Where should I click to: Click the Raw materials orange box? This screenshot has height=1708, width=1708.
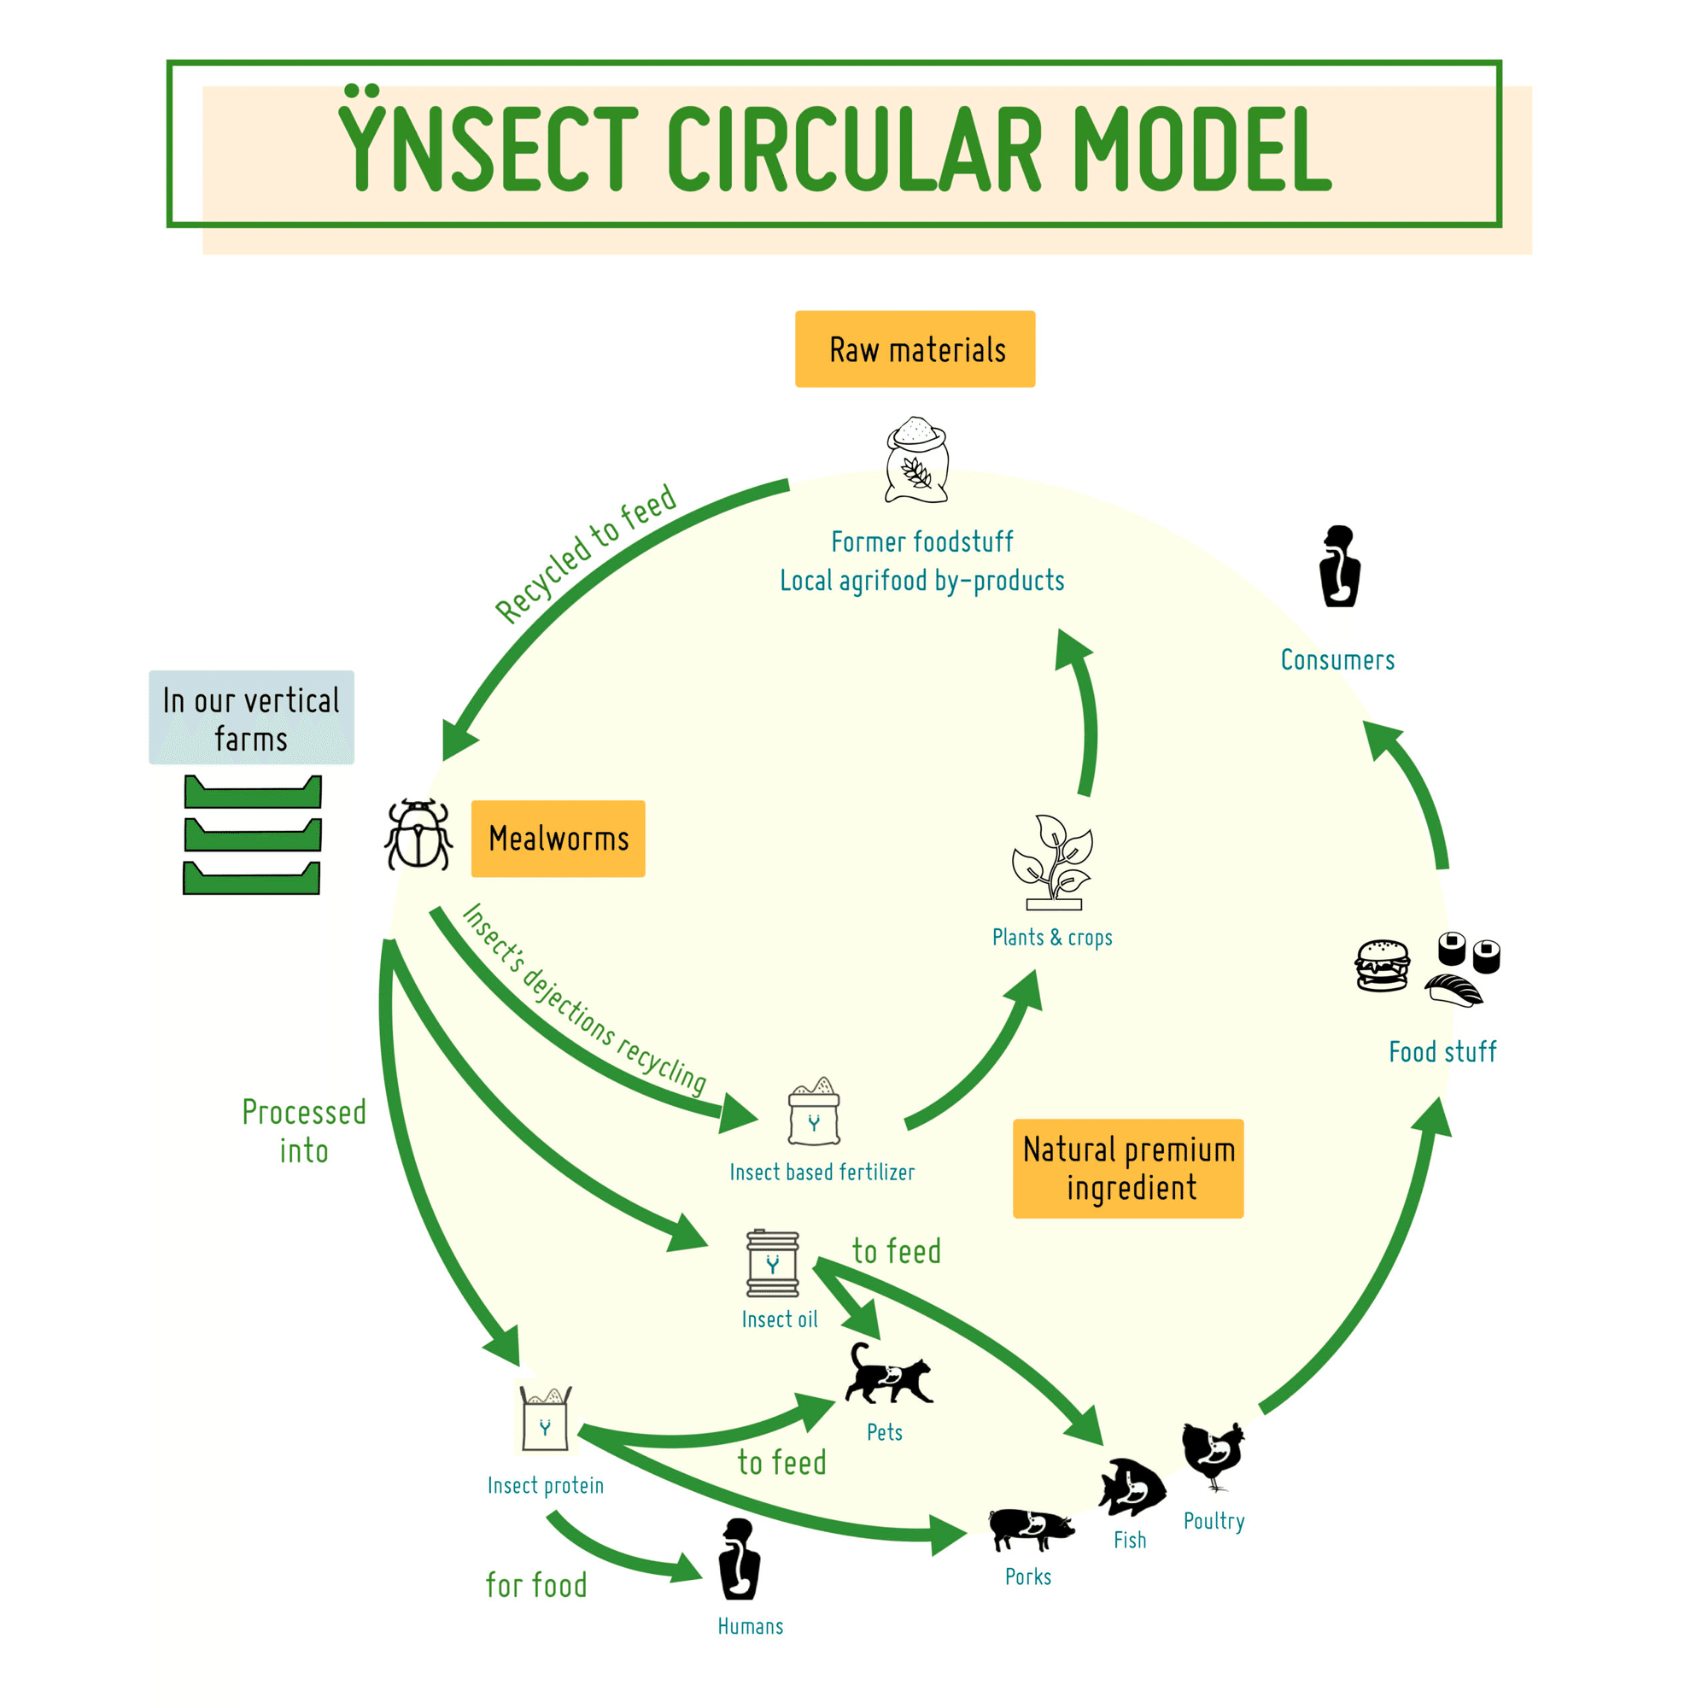click(x=915, y=349)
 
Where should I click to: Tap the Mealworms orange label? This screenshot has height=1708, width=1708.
click(x=558, y=838)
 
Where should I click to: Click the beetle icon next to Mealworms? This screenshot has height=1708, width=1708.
click(x=418, y=834)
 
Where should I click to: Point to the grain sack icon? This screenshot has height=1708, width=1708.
click(x=916, y=460)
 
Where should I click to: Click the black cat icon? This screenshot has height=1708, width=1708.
click(x=888, y=1375)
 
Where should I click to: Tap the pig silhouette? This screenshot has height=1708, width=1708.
click(x=1031, y=1529)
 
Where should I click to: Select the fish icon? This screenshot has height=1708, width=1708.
click(x=1132, y=1488)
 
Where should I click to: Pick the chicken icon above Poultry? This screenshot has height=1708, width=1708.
click(x=1213, y=1454)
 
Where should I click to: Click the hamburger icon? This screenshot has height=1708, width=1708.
click(x=1383, y=965)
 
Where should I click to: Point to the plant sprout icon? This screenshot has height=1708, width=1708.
click(x=1053, y=862)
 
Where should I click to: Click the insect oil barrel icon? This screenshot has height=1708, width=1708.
click(x=773, y=1264)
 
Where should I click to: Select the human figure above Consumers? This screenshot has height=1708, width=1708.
click(x=1340, y=567)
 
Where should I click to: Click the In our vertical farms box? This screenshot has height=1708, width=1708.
click(x=251, y=717)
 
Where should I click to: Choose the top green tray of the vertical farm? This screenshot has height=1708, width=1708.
click(x=253, y=793)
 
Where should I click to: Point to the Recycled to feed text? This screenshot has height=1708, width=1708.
click(x=585, y=553)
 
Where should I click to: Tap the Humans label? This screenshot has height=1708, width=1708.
click(x=751, y=1627)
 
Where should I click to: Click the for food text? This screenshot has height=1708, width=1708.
click(x=536, y=1586)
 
